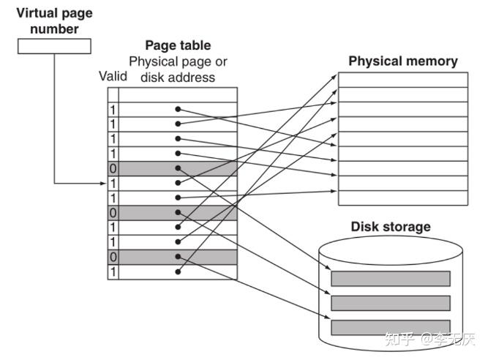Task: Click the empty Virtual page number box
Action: point(54,46)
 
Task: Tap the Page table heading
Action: point(178,45)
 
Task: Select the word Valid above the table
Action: point(113,76)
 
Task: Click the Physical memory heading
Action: point(403,61)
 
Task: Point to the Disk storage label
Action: point(391,227)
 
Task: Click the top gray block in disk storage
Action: point(391,279)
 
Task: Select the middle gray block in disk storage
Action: point(391,303)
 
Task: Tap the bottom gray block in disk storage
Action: point(391,327)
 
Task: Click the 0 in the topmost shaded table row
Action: point(113,168)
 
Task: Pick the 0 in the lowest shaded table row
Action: point(113,257)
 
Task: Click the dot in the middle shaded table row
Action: point(178,212)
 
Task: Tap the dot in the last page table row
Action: point(178,272)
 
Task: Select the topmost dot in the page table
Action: point(178,109)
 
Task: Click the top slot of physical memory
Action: point(403,80)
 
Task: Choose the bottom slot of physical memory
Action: point(403,198)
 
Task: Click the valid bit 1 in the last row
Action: point(113,272)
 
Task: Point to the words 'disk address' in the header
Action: point(178,78)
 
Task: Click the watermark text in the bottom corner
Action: point(429,340)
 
